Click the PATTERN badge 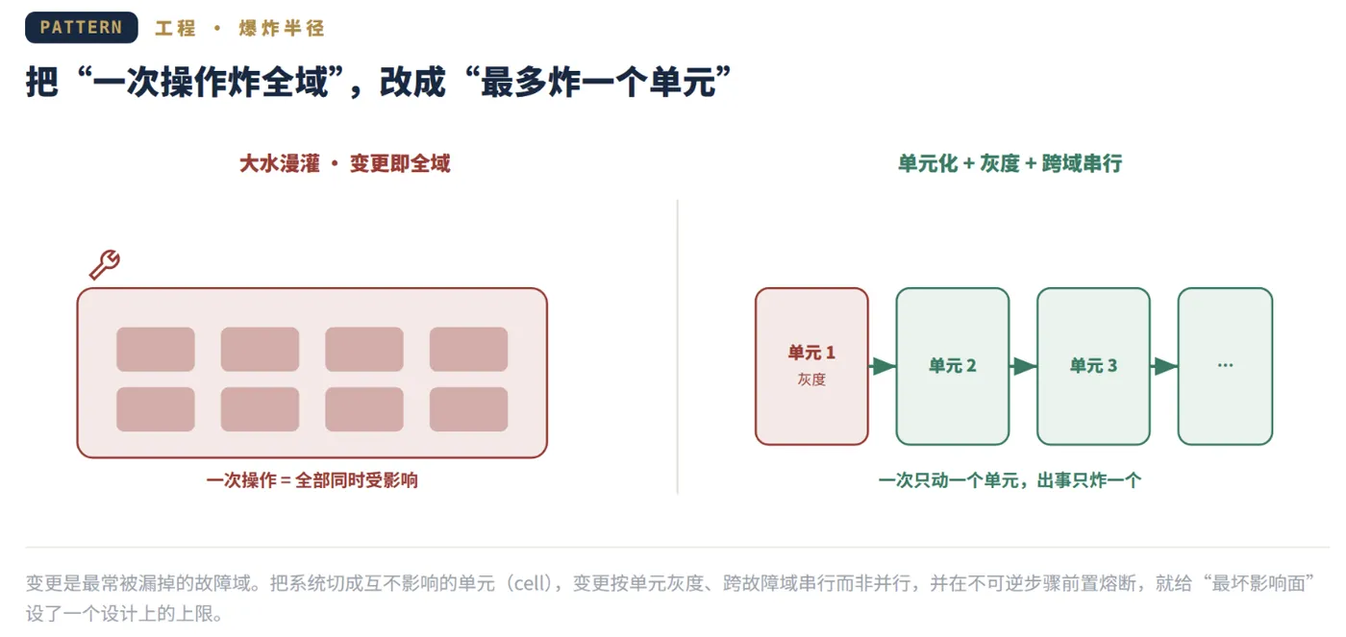click(x=81, y=27)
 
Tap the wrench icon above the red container click(x=105, y=265)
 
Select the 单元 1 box click(x=811, y=366)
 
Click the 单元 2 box click(x=953, y=366)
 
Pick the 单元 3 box click(x=1093, y=366)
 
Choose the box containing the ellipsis click(x=1225, y=366)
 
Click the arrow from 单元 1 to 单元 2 click(x=883, y=366)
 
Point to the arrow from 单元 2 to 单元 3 click(x=1023, y=366)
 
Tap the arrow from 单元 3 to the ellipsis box click(x=1164, y=366)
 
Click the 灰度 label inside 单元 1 click(x=811, y=380)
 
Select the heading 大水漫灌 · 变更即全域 click(x=344, y=163)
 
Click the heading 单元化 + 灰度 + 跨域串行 click(x=1009, y=163)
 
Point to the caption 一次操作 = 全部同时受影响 click(x=312, y=480)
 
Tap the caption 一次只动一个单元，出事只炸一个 click(x=1009, y=480)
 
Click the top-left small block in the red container click(x=156, y=349)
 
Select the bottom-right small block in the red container click(x=469, y=409)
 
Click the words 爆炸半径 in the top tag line click(x=281, y=28)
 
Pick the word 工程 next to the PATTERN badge click(x=175, y=28)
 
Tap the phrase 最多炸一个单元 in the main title click(x=598, y=82)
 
